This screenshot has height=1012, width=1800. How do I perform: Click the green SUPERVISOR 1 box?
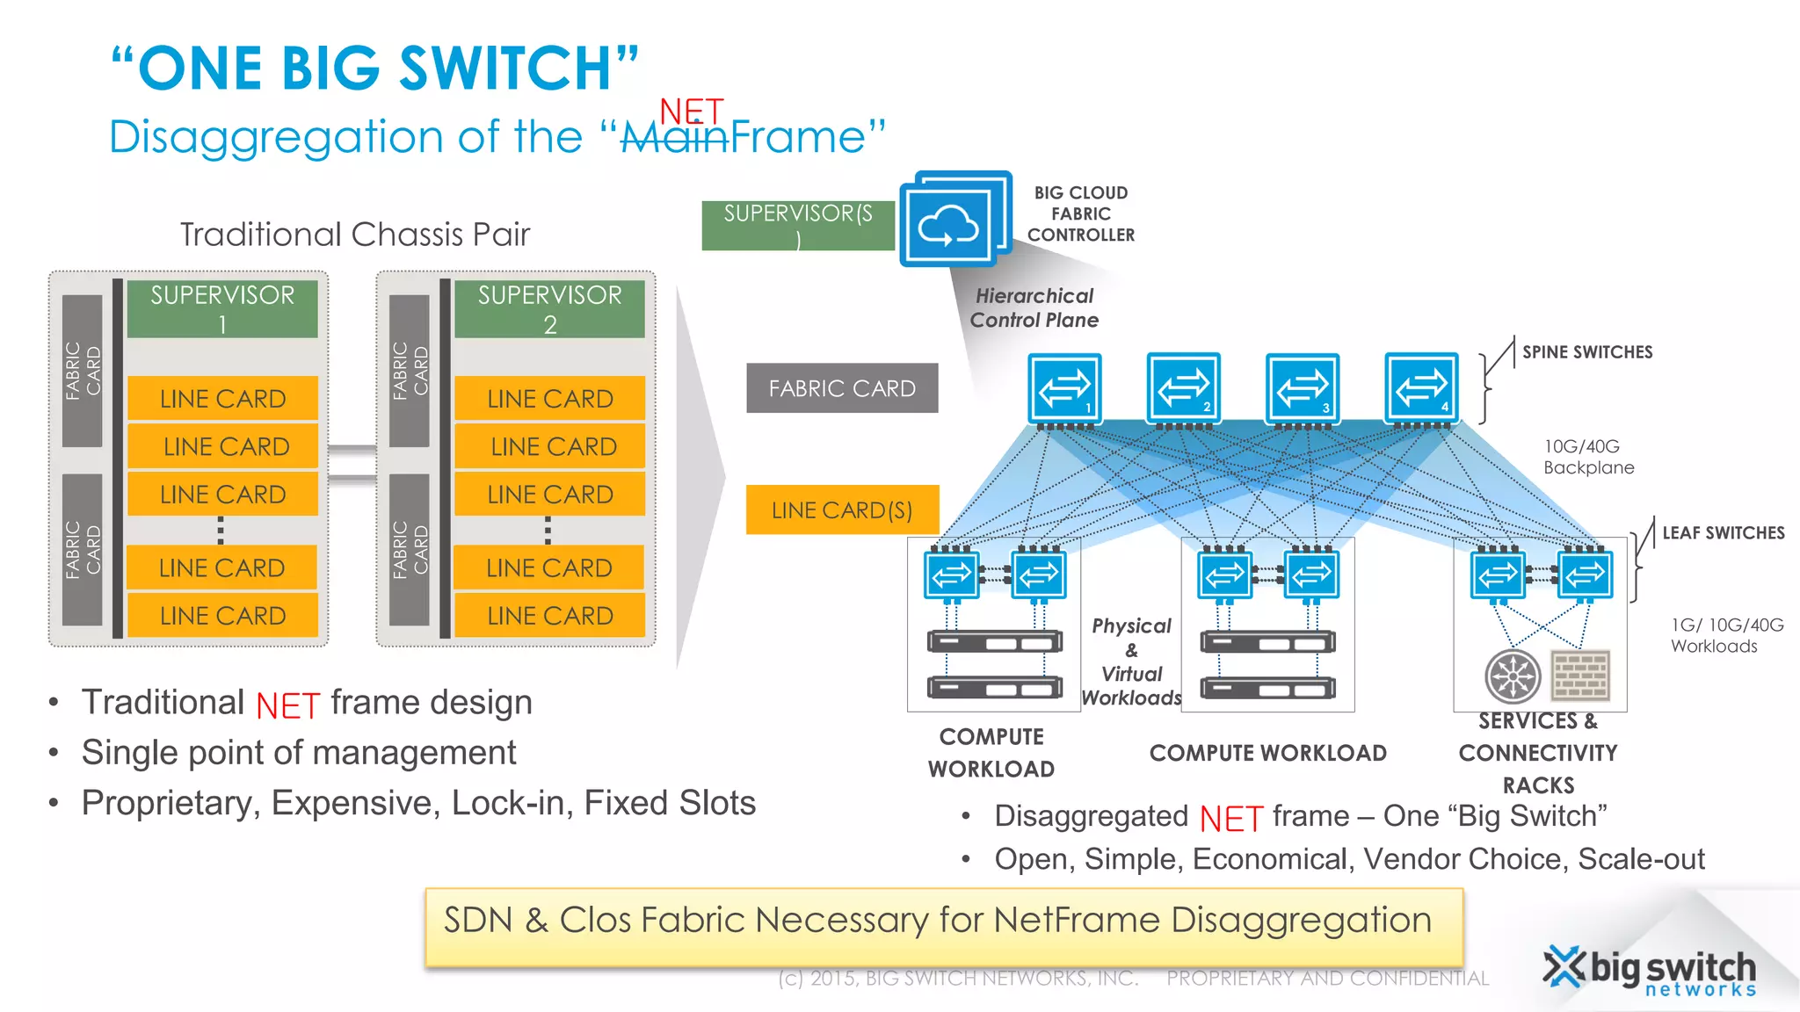[x=222, y=308]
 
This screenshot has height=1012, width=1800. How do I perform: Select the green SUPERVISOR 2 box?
[x=549, y=308]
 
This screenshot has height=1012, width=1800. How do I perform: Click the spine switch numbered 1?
[x=1064, y=387]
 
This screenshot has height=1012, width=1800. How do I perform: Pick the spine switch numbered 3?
[x=1303, y=387]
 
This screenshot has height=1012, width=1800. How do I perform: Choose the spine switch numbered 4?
[x=1421, y=387]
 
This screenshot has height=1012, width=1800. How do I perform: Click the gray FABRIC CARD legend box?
[x=842, y=388]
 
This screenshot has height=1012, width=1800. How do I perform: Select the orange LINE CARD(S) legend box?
[x=842, y=510]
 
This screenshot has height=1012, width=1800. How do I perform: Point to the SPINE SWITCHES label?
[x=1587, y=352]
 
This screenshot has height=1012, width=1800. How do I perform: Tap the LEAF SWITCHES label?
[x=1723, y=533]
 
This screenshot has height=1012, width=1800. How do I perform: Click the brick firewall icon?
[x=1580, y=676]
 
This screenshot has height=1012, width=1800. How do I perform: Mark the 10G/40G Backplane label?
[x=1588, y=457]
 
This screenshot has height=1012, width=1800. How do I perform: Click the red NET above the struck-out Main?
[x=692, y=112]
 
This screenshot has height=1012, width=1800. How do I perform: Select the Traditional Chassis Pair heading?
[x=355, y=235]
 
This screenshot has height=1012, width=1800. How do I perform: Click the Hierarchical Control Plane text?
[x=1034, y=308]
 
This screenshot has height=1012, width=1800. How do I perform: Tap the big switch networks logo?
[x=1651, y=972]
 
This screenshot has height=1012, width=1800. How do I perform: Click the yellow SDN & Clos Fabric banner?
[x=943, y=926]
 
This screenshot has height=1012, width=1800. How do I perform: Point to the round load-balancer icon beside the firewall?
[x=1513, y=676]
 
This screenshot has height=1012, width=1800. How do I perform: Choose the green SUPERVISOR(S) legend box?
[x=797, y=226]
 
